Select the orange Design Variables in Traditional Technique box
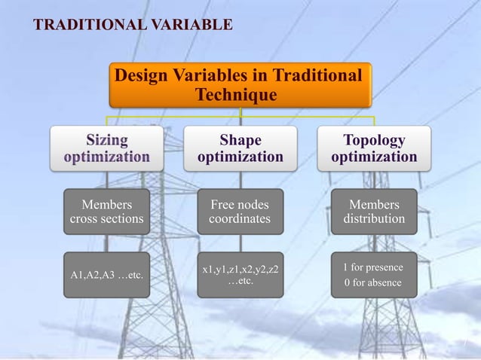tap(240, 85)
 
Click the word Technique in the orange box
tap(235, 96)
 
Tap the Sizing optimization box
tap(106, 148)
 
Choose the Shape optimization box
tap(240, 148)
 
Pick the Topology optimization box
tap(374, 148)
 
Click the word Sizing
tap(106, 140)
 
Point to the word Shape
tap(240, 140)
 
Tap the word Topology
tap(374, 140)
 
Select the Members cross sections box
tap(106, 212)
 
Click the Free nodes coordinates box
tap(240, 212)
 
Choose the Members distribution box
tap(374, 212)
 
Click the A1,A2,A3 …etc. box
tap(106, 275)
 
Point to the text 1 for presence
tap(373, 267)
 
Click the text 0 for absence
tap(373, 283)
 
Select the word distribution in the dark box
tap(374, 219)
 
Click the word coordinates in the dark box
tap(240, 219)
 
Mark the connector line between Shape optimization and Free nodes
tap(240, 179)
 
